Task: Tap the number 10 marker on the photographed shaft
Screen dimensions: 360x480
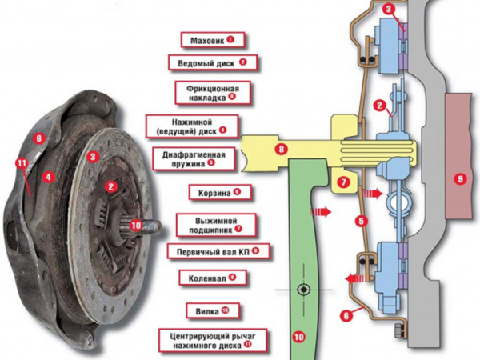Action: (x=135, y=226)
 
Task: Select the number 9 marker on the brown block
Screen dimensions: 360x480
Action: (x=458, y=179)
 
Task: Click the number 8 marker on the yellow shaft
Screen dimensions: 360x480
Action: (x=281, y=150)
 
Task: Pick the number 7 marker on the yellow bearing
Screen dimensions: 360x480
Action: (x=342, y=182)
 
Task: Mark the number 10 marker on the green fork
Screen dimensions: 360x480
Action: (x=298, y=338)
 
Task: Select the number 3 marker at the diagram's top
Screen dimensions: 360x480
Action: (x=387, y=10)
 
